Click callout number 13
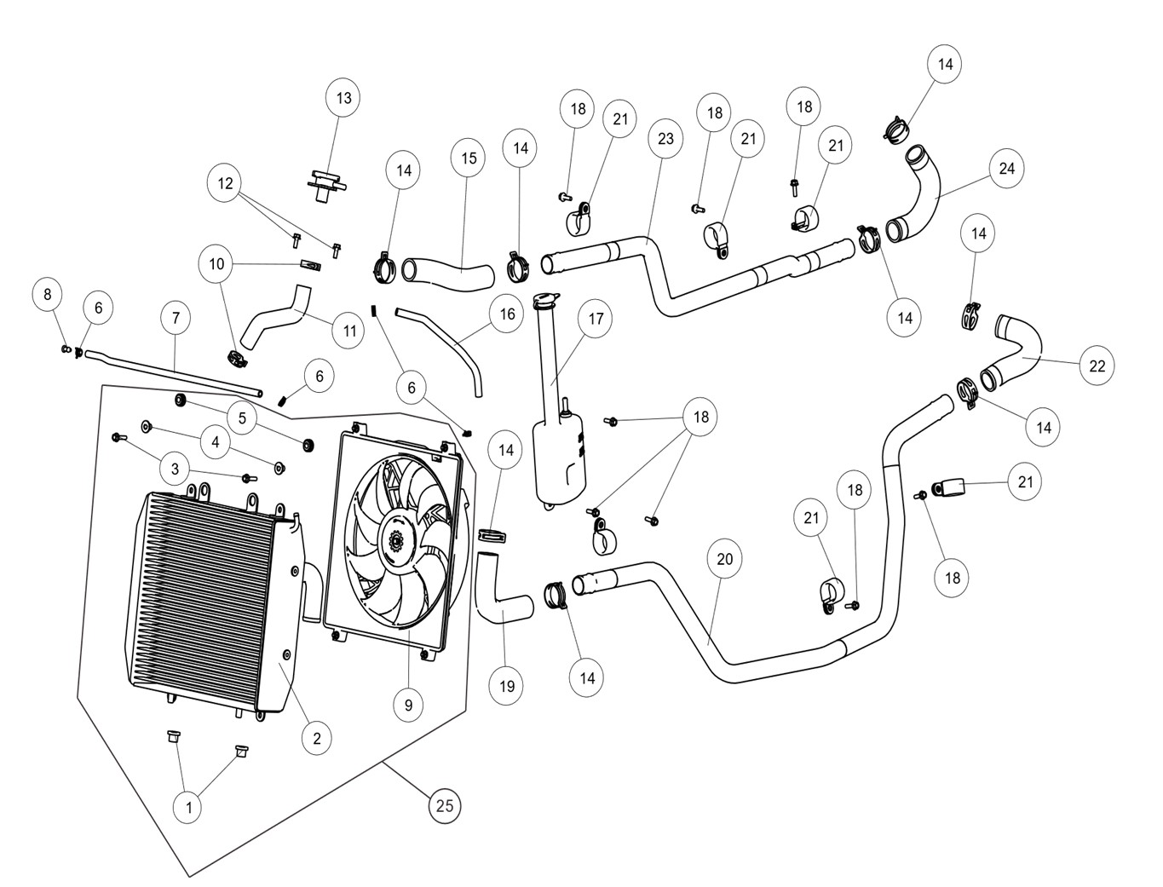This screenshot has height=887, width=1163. coord(343,98)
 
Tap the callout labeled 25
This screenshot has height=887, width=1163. coord(445,804)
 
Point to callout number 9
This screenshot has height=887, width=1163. coord(408,705)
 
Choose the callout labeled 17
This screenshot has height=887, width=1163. coord(596,319)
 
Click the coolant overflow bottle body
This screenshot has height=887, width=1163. coord(558,460)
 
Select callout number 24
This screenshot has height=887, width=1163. coord(1007,168)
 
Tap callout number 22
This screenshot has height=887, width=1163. coord(1097,366)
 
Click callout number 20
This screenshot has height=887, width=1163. coord(724,559)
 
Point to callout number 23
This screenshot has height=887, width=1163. coord(665,138)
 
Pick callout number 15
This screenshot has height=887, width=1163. coord(469,158)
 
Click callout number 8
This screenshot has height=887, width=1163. coord(48,295)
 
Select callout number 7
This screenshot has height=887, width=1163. coord(176,318)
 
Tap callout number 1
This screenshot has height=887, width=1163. coord(188,806)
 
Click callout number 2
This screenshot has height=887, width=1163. coord(316,738)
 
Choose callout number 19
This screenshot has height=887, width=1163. coord(507,685)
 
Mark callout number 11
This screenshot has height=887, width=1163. coord(348,330)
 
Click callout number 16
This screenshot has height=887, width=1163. coord(507,314)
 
